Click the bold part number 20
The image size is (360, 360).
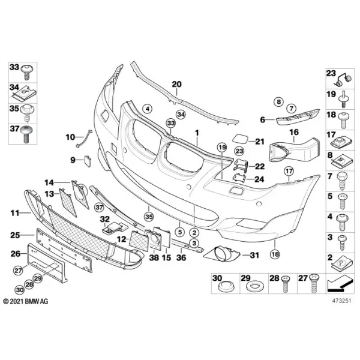click(177, 84)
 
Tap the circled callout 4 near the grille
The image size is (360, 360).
click(148, 109)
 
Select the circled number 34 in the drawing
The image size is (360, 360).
click(181, 115)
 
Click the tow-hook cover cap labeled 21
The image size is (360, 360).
click(241, 139)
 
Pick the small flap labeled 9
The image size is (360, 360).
click(88, 161)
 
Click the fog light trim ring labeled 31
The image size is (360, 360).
click(222, 254)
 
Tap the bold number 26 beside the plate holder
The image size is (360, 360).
click(16, 254)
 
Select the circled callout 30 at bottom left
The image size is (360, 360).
click(20, 290)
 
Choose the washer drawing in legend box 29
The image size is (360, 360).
click(254, 287)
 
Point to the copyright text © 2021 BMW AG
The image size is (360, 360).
click(26, 301)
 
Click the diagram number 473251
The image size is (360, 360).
click(341, 301)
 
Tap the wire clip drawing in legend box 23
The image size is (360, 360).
click(343, 80)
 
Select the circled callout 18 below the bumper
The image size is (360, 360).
click(275, 254)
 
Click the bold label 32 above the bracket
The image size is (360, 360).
click(104, 219)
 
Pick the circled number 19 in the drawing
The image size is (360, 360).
click(222, 148)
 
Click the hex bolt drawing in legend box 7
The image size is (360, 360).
click(342, 182)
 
